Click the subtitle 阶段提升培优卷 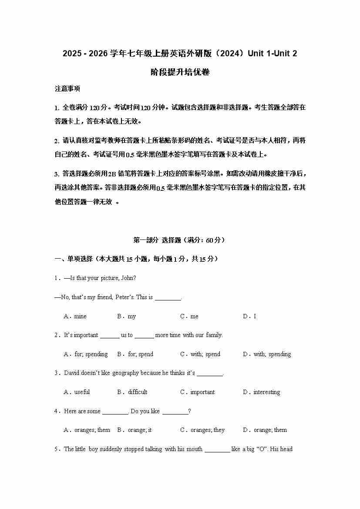180,72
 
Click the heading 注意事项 67,89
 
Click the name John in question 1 128,278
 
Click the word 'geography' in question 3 125,373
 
